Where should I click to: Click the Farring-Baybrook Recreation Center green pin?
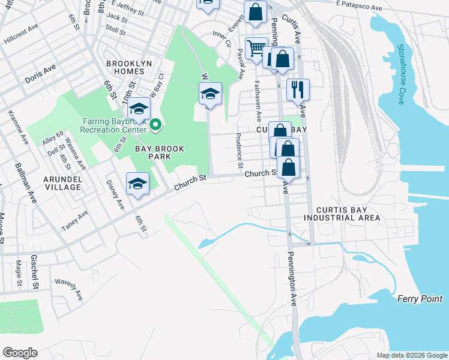pos(156,125)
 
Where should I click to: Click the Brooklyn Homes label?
pos(128,67)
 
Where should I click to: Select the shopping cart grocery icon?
pos(256,48)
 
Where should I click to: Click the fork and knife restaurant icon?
pos(298,90)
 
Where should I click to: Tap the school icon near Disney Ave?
pos(137,184)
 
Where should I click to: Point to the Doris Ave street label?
pos(40,74)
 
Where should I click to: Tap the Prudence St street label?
pos(240,150)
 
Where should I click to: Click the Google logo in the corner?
pos(20,353)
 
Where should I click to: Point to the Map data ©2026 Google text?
pos(412,355)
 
